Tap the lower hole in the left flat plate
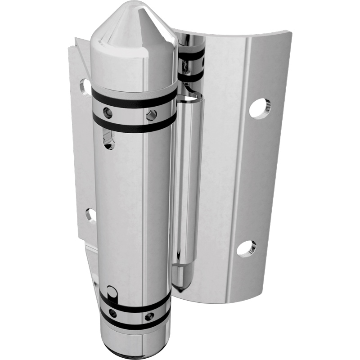click(x=90, y=215)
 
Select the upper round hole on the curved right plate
click(x=260, y=108)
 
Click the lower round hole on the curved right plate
click(x=246, y=247)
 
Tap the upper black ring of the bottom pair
click(x=135, y=304)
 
